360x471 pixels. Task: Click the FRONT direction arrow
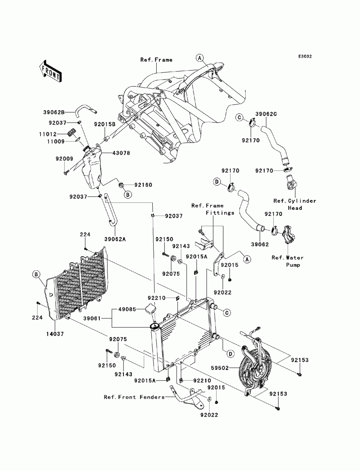pyautogui.click(x=50, y=71)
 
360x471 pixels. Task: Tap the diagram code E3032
pyautogui.click(x=305, y=56)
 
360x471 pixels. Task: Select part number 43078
pyautogui.click(x=121, y=153)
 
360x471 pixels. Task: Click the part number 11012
pyautogui.click(x=48, y=134)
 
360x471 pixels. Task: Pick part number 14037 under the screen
pyautogui.click(x=55, y=334)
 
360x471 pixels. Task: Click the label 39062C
pyautogui.click(x=266, y=114)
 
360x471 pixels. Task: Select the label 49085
pyautogui.click(x=127, y=309)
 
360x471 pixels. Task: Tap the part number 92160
pyautogui.click(x=143, y=185)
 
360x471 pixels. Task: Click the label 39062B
pyautogui.click(x=54, y=112)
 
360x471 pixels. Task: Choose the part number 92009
pyautogui.click(x=64, y=159)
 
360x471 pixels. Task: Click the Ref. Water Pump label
pyautogui.click(x=288, y=261)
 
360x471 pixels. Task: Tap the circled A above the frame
pyautogui.click(x=200, y=58)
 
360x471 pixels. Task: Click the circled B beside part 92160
pyautogui.click(x=128, y=195)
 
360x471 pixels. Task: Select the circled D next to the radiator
pyautogui.click(x=230, y=354)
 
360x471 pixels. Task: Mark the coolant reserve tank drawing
pyautogui.click(x=92, y=166)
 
